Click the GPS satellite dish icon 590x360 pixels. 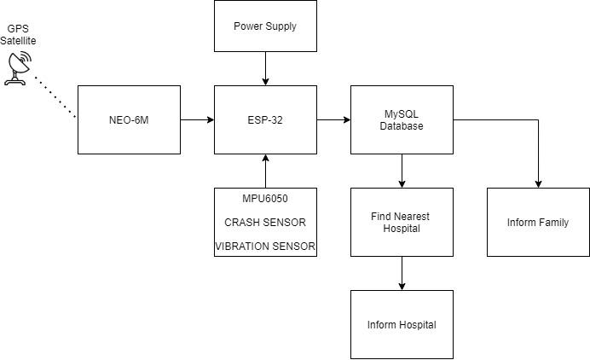17,67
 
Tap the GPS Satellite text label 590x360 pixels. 18,34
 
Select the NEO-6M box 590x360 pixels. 129,119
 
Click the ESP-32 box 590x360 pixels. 265,119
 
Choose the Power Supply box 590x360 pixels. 265,26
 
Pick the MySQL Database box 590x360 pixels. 402,119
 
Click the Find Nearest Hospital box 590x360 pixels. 402,222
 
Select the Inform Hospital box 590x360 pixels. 402,324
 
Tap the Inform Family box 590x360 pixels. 538,222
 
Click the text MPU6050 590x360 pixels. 265,199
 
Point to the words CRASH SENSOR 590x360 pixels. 265,223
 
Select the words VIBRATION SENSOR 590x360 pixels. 265,247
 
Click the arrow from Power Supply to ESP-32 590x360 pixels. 265,68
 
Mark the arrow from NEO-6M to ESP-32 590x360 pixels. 197,119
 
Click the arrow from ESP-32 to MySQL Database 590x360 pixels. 333,119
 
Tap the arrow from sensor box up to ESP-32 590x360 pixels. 265,171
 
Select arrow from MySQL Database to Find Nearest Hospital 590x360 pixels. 402,171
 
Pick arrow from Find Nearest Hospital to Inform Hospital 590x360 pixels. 402,273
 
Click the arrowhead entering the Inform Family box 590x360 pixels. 538,183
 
